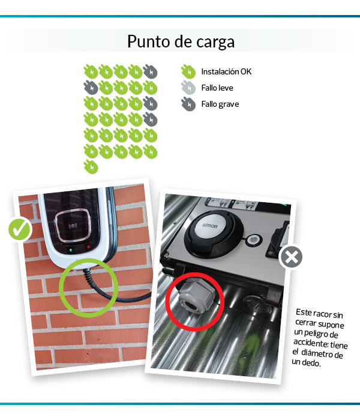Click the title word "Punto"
point(146,42)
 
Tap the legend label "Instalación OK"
point(226,72)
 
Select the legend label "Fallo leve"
point(217,88)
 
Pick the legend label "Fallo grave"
point(220,104)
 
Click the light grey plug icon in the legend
point(188,88)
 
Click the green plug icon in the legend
point(188,72)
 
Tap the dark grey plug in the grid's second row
point(91,88)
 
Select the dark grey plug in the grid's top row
point(151,72)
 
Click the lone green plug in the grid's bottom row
point(91,166)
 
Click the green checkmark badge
point(20,229)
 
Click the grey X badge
point(291,258)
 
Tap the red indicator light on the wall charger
point(88,247)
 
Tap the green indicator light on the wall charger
point(71,248)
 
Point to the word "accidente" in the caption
point(312,344)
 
